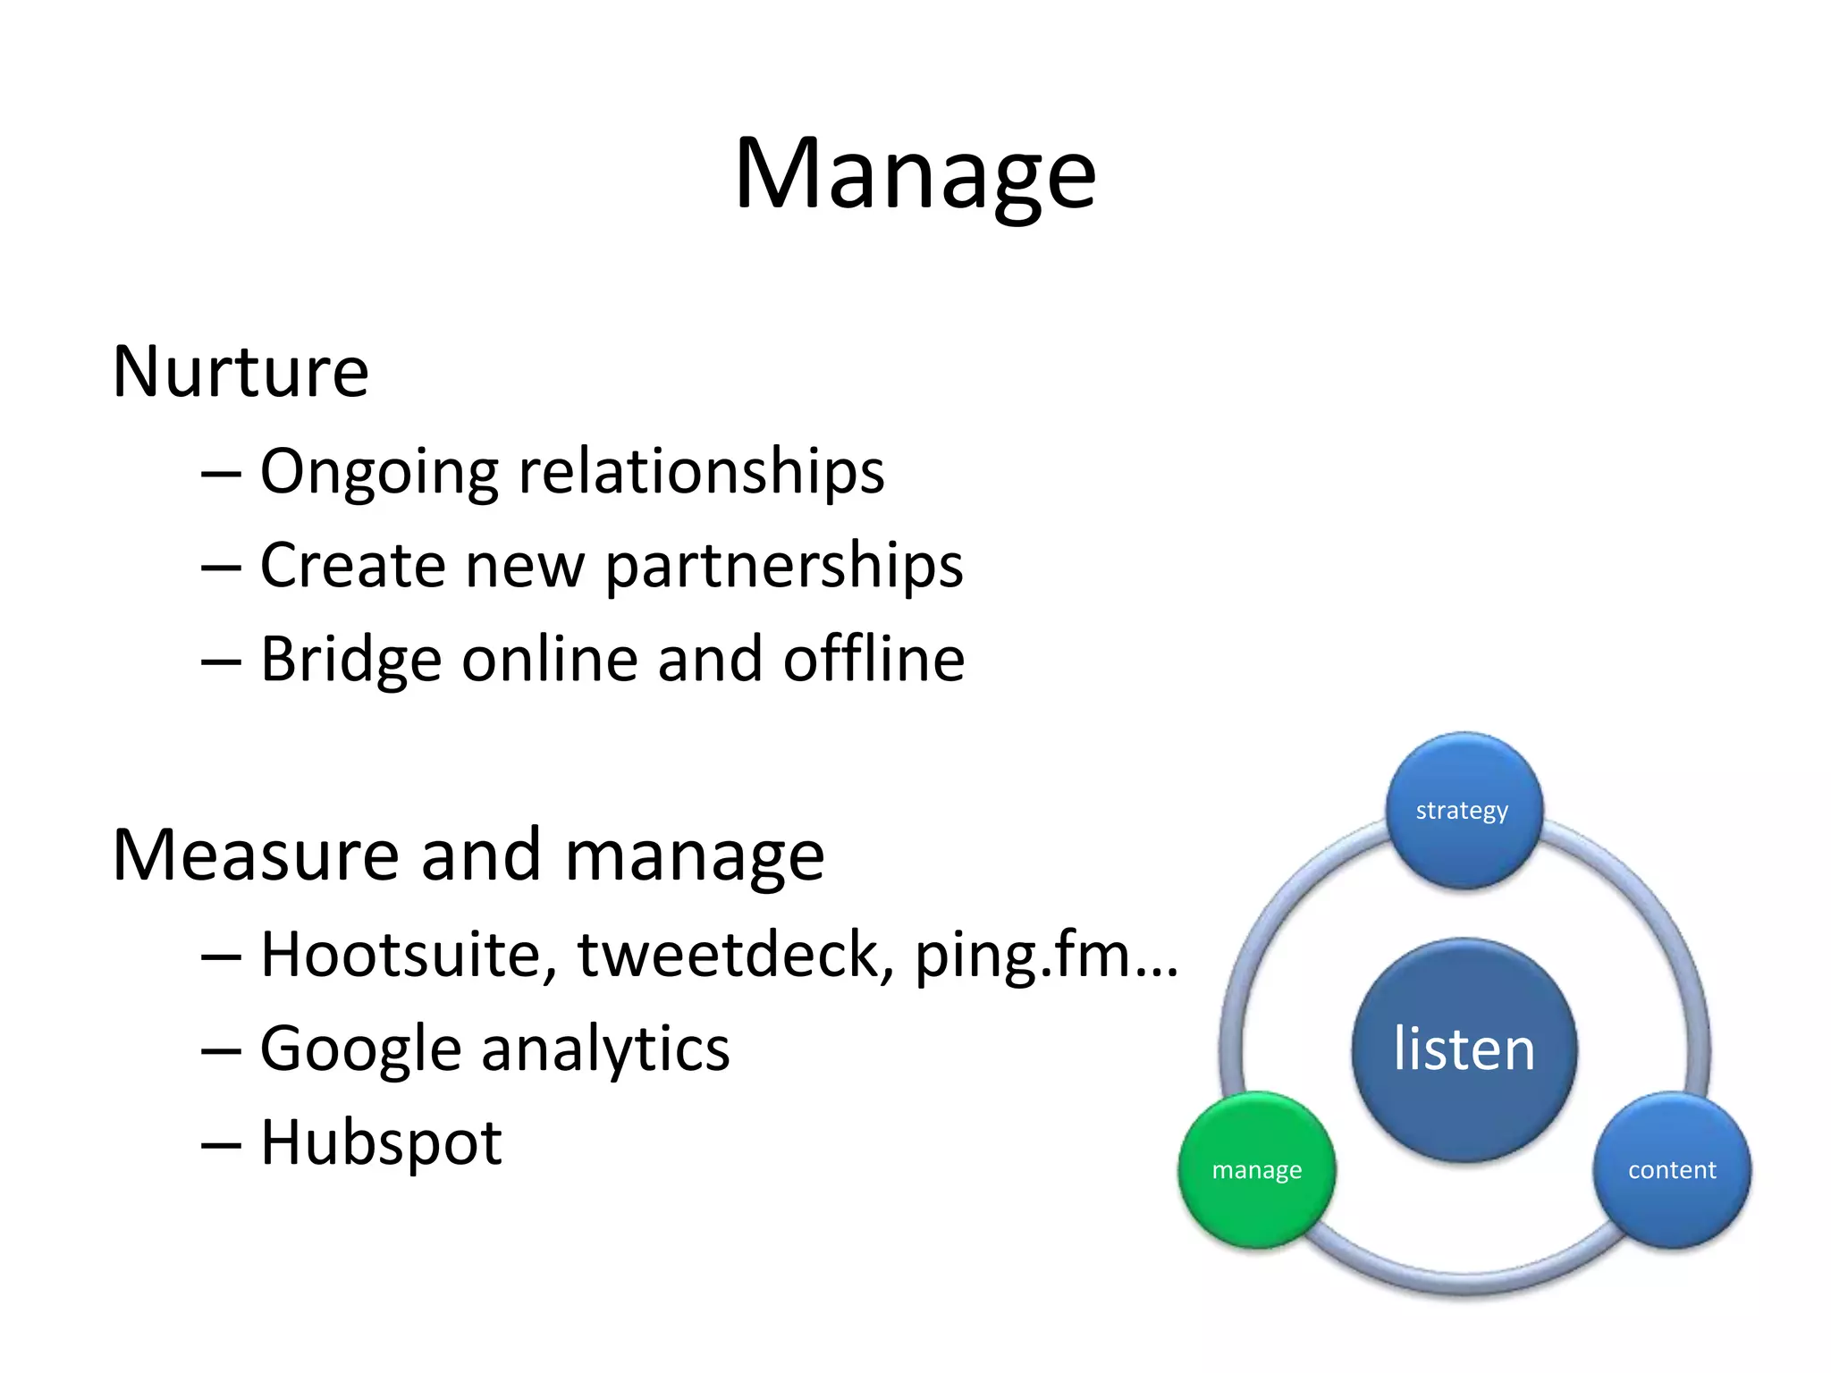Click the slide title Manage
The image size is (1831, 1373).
pyautogui.click(x=915, y=174)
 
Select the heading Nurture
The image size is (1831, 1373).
pyautogui.click(x=240, y=372)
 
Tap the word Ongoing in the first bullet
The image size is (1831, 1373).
pyautogui.click(x=378, y=472)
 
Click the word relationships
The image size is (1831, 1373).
pyautogui.click(x=702, y=472)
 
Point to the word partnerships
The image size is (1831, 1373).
pyautogui.click(x=784, y=567)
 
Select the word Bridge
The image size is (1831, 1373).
pyautogui.click(x=350, y=660)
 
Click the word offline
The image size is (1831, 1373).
pyautogui.click(x=873, y=660)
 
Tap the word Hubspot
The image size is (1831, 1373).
pyautogui.click(x=381, y=1143)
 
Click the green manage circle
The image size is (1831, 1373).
pyautogui.click(x=1256, y=1170)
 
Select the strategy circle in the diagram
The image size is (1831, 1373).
pyautogui.click(x=1463, y=811)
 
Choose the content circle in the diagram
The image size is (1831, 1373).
pyautogui.click(x=1672, y=1170)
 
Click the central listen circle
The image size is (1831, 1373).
pyautogui.click(x=1464, y=1049)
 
